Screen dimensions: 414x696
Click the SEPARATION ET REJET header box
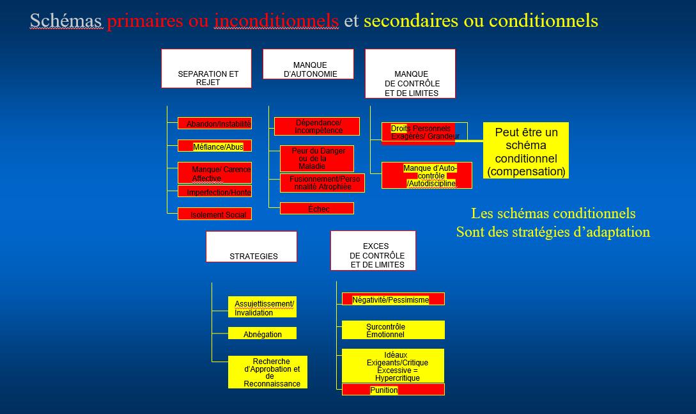[206, 68]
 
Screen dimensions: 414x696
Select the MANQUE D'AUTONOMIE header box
[308, 64]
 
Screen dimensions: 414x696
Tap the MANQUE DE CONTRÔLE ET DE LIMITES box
[410, 74]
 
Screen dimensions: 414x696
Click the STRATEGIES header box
[251, 246]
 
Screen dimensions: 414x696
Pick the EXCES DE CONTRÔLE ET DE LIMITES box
[373, 250]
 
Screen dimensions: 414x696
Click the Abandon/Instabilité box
[215, 123]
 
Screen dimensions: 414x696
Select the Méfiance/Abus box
[215, 146]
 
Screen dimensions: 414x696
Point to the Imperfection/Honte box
[215, 191]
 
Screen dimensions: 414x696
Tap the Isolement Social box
[215, 214]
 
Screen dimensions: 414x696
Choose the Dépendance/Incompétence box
[317, 126]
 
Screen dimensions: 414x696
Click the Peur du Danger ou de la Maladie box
[317, 158]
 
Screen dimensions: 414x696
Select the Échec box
[317, 208]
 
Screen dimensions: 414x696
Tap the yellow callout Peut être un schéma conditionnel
[525, 150]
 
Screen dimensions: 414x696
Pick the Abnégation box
[263, 333]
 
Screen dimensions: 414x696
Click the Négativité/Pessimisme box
[393, 299]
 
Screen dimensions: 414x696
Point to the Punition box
[393, 390]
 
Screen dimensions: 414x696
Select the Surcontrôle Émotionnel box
[393, 330]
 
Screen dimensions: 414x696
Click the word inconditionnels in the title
[277, 21]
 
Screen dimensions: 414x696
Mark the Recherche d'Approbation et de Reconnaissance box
[268, 372]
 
